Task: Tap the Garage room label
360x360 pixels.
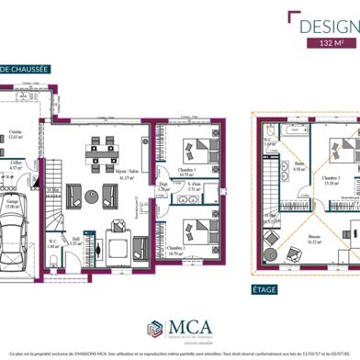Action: [x=11, y=207]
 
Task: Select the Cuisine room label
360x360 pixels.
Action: [x=16, y=135]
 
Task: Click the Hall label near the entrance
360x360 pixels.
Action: [x=76, y=239]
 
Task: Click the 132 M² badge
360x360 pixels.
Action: [x=326, y=43]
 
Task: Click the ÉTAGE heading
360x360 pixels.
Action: [x=265, y=287]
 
